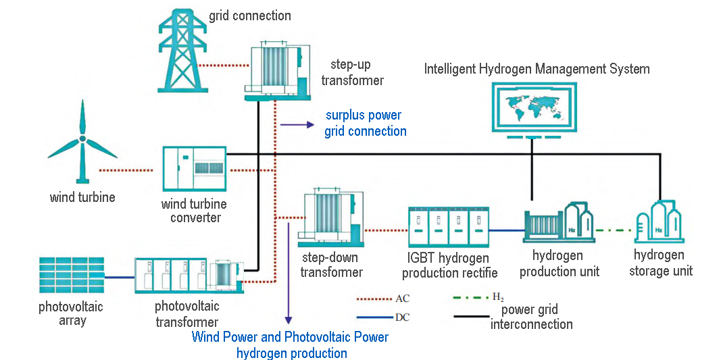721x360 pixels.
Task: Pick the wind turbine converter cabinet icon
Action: coord(195,170)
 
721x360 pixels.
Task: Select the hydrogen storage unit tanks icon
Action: coord(660,222)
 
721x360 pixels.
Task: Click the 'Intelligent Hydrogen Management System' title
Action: coord(537,69)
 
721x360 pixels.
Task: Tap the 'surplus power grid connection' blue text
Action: coord(365,123)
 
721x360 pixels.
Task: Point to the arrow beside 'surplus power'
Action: coord(297,124)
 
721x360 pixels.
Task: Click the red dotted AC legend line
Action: coord(374,298)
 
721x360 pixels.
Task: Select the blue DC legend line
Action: coord(374,316)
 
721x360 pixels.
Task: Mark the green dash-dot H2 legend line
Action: coord(470,297)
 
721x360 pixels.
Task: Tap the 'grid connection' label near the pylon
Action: coord(250,16)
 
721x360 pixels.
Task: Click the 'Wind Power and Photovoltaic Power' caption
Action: coord(291,337)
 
